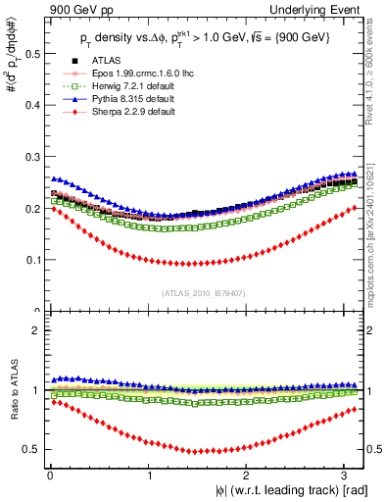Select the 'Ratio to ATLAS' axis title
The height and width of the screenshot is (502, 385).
pos(13,392)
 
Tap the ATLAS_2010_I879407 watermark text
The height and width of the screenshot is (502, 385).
pos(204,291)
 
